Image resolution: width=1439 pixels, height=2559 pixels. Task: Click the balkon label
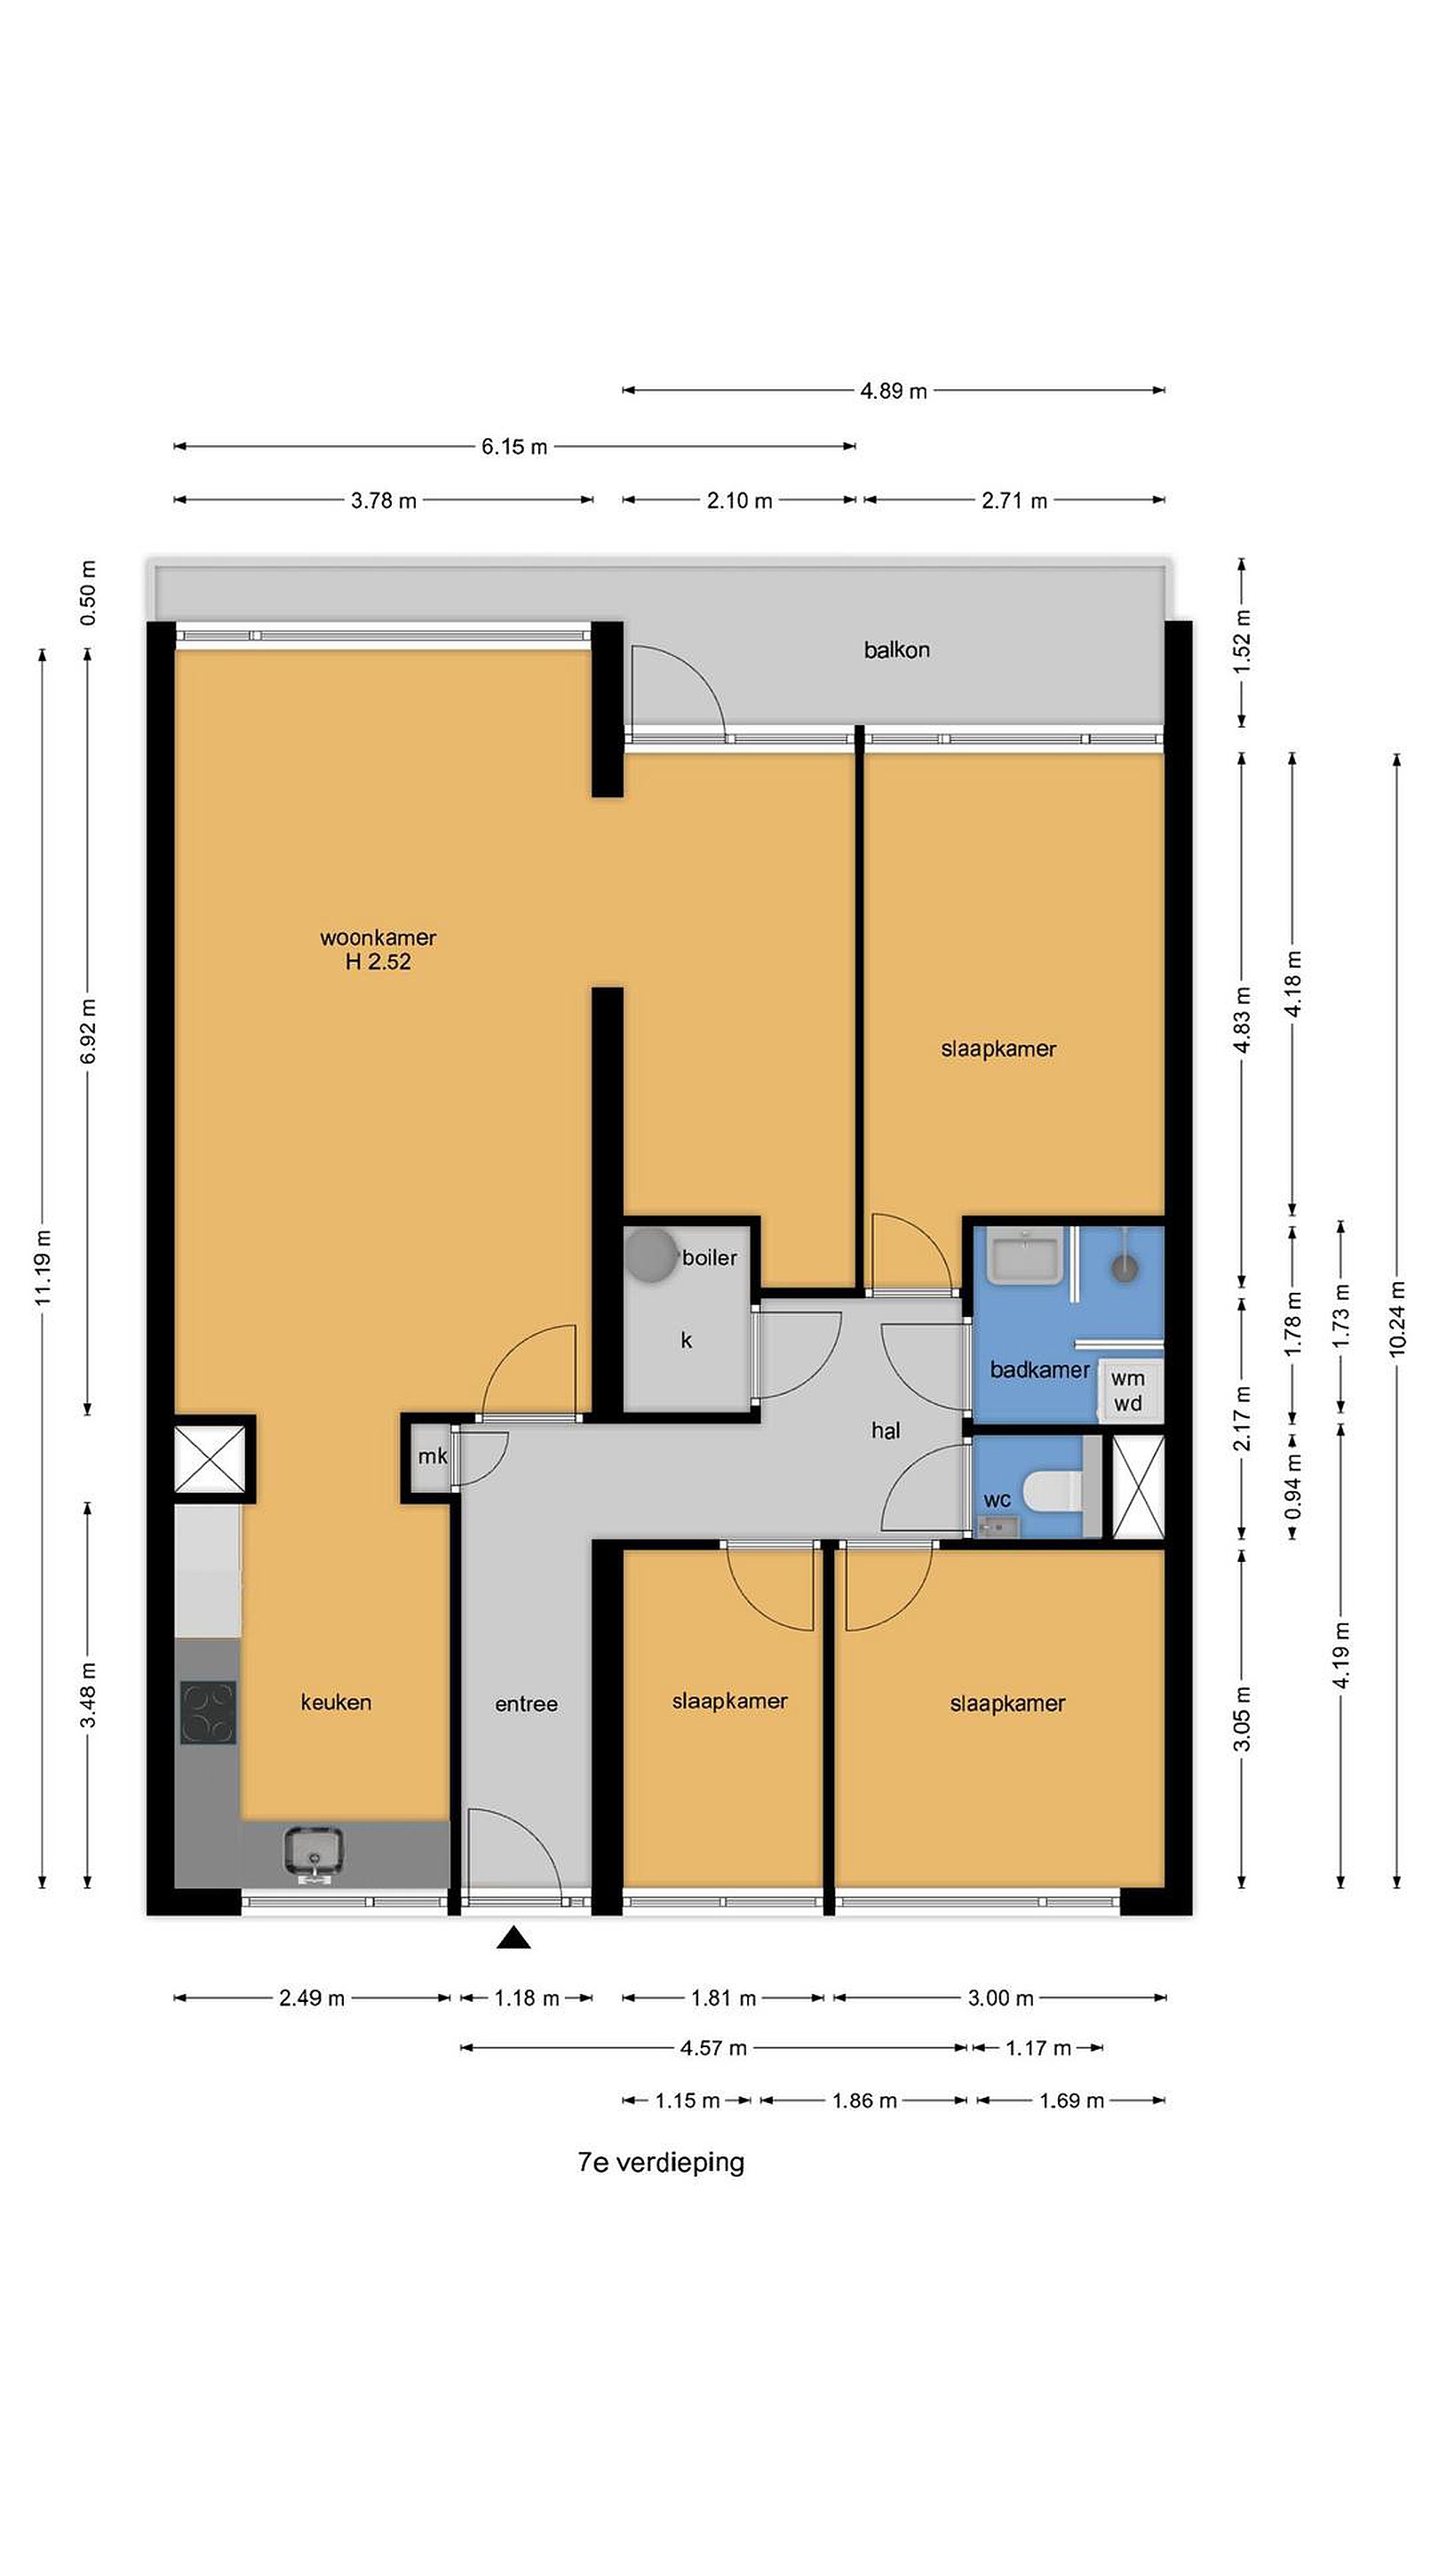point(897,650)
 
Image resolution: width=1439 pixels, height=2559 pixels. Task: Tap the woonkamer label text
point(378,937)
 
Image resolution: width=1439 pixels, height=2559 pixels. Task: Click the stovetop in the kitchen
point(209,1712)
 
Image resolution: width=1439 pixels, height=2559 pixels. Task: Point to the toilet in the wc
point(1052,1489)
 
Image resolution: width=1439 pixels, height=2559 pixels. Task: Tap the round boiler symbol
point(650,1255)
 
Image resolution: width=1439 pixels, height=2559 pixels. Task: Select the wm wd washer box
point(1128,1390)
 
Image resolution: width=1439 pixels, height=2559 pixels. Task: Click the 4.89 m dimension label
point(894,390)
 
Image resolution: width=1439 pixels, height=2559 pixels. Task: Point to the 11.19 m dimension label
point(42,1269)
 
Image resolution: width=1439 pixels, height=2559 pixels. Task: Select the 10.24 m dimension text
point(1397,1319)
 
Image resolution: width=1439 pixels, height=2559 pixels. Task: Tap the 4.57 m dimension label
point(713,2047)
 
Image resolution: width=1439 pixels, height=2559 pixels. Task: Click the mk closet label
point(432,1456)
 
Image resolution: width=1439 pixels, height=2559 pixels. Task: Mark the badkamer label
point(1040,1370)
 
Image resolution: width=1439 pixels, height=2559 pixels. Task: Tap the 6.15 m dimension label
point(514,446)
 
